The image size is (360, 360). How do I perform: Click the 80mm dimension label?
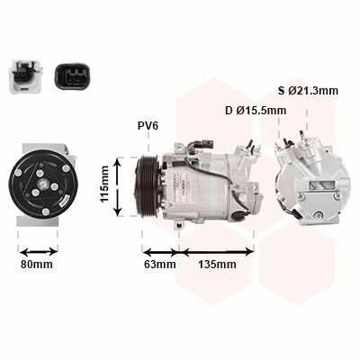[37, 265]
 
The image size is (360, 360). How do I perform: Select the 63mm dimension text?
[160, 265]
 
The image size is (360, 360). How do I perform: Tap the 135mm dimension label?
[217, 265]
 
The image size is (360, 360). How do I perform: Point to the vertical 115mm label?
[104, 184]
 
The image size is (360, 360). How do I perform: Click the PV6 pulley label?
[148, 126]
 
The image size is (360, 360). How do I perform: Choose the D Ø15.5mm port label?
[256, 111]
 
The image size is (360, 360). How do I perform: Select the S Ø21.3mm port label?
[308, 91]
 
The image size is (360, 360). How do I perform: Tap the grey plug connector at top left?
[25, 76]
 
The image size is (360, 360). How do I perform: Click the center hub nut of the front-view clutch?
[43, 183]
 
